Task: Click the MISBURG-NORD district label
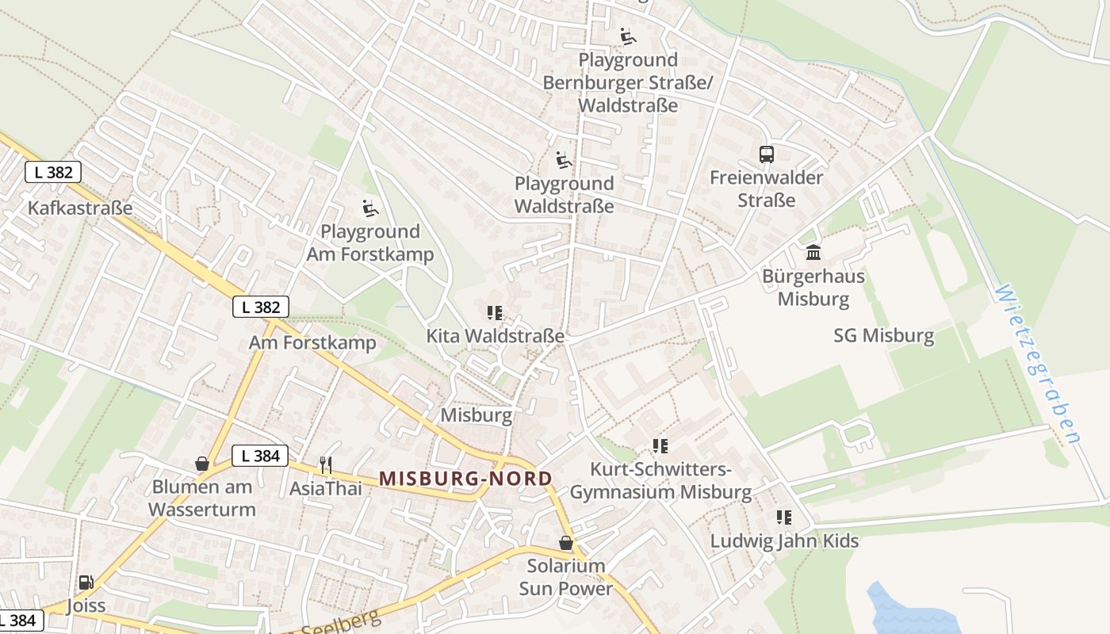[x=465, y=479]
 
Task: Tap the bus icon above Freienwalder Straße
[x=766, y=155]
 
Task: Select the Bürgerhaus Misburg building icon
[x=813, y=253]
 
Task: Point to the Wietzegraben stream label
[x=1039, y=365]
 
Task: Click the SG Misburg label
[x=884, y=335]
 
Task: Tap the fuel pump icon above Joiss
[x=86, y=582]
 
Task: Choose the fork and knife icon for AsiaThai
[x=325, y=465]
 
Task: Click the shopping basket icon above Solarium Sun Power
[x=566, y=543]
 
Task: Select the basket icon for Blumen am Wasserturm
[x=202, y=464]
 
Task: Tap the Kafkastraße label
[x=80, y=208]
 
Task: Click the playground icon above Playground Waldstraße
[x=564, y=160]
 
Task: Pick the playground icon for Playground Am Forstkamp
[x=370, y=208]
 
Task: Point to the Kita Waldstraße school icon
[x=496, y=313]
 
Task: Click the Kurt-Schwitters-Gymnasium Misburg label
[x=660, y=481]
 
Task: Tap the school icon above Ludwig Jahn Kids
[x=784, y=518]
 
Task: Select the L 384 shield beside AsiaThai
[x=260, y=456]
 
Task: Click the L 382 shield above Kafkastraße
[x=53, y=172]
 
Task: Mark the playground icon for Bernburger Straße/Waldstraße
[x=628, y=36]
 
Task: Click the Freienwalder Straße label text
[x=766, y=189]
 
